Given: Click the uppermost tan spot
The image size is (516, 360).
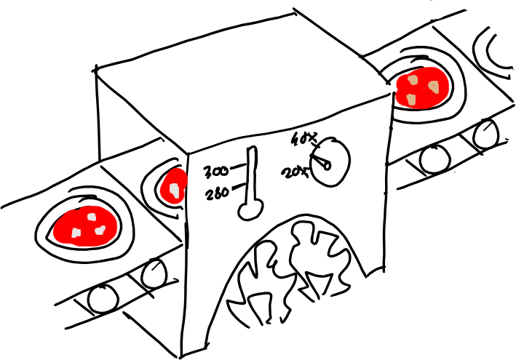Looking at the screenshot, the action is pyautogui.click(x=413, y=79).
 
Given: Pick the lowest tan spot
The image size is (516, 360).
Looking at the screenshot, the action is pyautogui.click(x=411, y=99).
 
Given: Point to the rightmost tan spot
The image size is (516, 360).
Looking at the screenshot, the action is pyautogui.click(x=434, y=87).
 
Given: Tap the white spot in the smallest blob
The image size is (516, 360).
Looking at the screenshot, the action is pyautogui.click(x=175, y=190).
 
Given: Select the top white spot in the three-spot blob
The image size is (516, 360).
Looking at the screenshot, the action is pyautogui.click(x=92, y=217).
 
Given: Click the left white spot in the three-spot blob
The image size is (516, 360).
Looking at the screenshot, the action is pyautogui.click(x=76, y=233).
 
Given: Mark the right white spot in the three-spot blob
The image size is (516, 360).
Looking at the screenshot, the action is pyautogui.click(x=100, y=231).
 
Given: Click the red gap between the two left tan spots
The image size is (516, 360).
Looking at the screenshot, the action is pyautogui.click(x=411, y=89).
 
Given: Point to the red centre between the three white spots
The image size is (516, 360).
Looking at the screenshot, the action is pyautogui.click(x=89, y=227).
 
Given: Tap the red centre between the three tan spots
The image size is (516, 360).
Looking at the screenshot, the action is pyautogui.click(x=421, y=89).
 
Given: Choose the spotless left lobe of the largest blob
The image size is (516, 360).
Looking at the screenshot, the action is pyautogui.click(x=62, y=229).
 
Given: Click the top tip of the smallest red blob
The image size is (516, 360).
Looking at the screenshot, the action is pyautogui.click(x=176, y=169).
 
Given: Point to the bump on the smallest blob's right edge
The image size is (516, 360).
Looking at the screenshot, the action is pyautogui.click(x=187, y=178).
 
